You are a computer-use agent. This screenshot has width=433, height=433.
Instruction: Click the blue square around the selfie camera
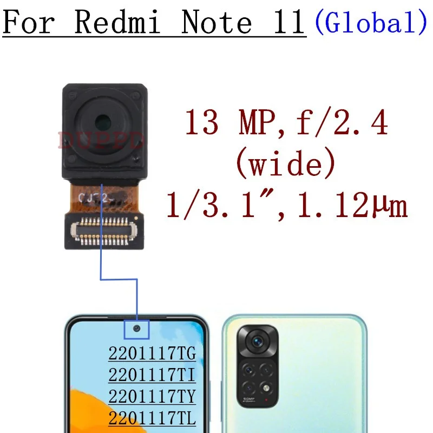tap(136, 329)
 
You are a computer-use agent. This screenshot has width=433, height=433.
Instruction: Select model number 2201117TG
tap(152, 355)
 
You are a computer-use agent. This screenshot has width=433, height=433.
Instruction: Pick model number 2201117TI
tap(152, 375)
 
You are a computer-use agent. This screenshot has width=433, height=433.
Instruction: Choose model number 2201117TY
tap(152, 396)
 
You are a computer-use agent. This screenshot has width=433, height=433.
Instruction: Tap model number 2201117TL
tap(152, 417)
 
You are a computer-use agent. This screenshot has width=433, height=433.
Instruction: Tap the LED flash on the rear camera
tap(266, 388)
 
